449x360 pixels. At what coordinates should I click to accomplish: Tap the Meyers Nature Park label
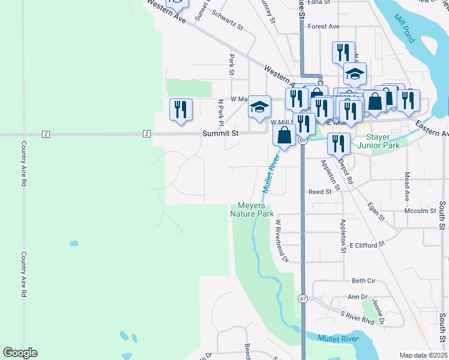click(252, 209)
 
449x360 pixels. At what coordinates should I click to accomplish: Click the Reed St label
click(320, 192)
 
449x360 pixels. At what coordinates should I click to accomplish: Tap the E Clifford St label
click(367, 245)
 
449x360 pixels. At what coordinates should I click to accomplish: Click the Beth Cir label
click(363, 281)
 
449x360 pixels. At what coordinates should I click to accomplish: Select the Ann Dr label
click(357, 296)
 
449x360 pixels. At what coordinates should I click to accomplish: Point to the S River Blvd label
click(357, 318)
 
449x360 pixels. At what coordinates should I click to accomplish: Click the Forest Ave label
click(324, 26)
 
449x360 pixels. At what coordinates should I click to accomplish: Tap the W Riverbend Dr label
click(282, 240)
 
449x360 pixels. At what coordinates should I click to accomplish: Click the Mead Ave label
click(407, 187)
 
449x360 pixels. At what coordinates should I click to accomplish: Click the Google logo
click(20, 353)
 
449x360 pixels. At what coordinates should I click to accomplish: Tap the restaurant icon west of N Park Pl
click(181, 110)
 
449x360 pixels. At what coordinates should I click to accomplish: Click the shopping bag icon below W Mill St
click(285, 135)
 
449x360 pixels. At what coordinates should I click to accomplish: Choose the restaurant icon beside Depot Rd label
click(339, 143)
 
